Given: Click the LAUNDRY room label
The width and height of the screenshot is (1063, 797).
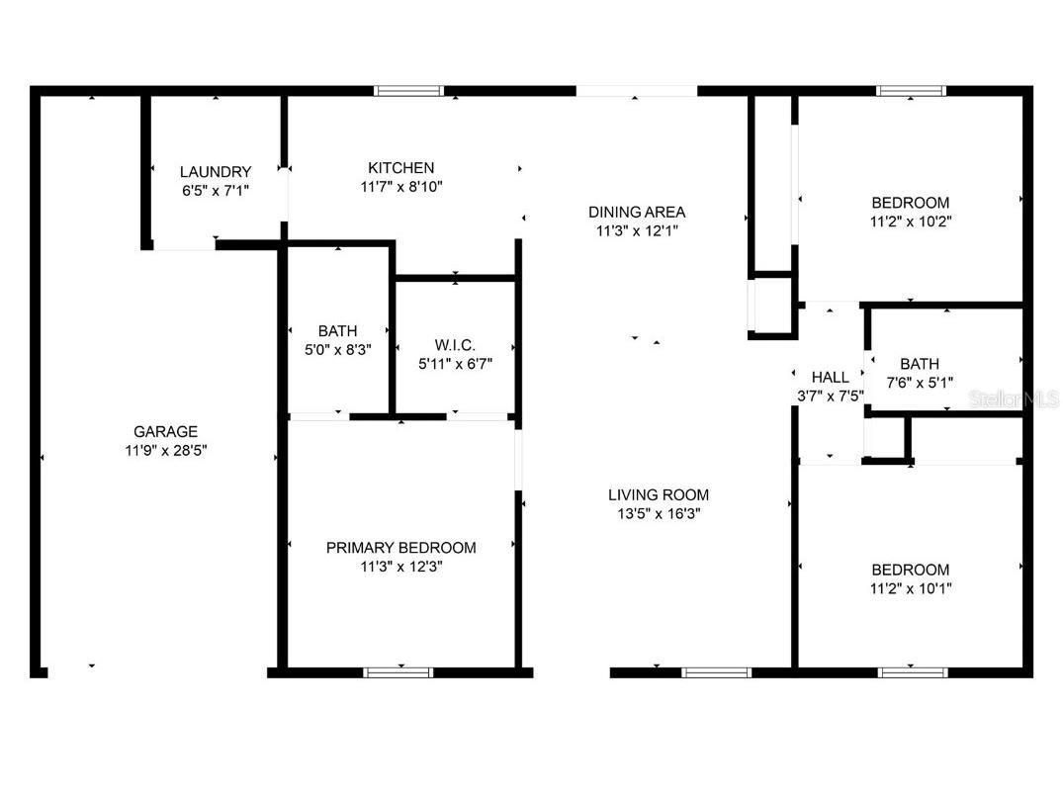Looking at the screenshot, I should tap(216, 171).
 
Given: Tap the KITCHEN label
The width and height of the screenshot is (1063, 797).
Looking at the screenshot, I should tap(400, 168).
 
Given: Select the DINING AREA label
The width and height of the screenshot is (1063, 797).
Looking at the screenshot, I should tap(637, 212).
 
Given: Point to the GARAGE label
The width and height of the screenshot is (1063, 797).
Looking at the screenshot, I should tap(166, 431).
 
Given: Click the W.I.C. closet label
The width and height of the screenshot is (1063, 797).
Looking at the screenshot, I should tap(455, 345).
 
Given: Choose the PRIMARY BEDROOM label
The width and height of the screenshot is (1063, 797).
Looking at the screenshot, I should tap(400, 548).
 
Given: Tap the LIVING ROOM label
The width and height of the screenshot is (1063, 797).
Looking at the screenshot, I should tap(659, 495).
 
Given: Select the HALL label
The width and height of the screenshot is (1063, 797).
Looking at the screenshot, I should tap(830, 377).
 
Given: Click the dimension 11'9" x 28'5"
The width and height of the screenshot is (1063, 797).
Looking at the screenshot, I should tap(166, 450).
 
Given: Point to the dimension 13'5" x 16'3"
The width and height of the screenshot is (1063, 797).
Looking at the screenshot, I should tap(659, 514).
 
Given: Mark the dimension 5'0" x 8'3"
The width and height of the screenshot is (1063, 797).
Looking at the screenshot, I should tap(337, 350).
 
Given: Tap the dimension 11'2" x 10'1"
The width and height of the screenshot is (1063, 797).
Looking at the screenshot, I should tap(910, 588).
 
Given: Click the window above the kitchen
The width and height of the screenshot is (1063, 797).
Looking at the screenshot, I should tap(408, 91).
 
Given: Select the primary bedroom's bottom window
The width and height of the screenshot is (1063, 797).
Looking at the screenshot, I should tap(399, 672).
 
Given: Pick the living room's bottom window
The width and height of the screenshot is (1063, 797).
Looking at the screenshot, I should tap(716, 672).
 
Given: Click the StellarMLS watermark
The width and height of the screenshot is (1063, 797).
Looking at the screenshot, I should tap(1014, 398).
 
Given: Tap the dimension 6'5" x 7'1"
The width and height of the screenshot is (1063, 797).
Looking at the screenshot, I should tap(216, 190).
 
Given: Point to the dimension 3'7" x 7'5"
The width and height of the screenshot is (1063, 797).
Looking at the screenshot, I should tap(830, 396).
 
